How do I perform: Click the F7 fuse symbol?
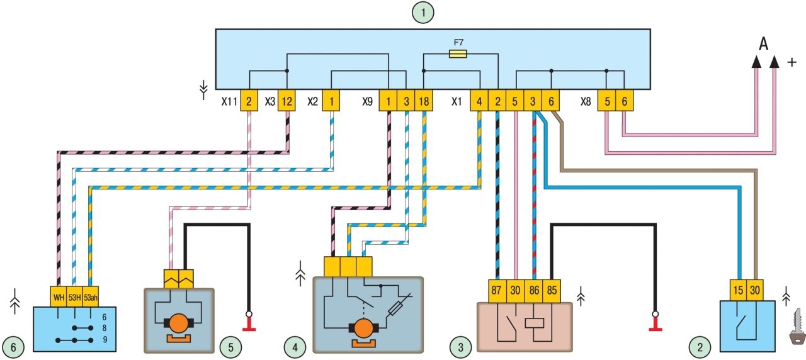coord(458,54)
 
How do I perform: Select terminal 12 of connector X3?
coord(287,101)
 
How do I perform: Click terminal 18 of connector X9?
coord(423,101)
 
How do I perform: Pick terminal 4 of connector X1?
coord(480,101)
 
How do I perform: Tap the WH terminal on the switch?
coord(58,296)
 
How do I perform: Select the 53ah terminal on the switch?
coord(91,296)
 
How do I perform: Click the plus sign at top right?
coord(792,62)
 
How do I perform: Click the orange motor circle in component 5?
coord(179,322)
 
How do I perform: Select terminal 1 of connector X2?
coord(331,101)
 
